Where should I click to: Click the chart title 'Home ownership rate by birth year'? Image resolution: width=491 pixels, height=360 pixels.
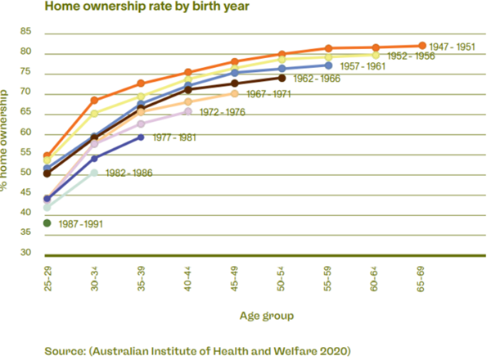pos(124,8)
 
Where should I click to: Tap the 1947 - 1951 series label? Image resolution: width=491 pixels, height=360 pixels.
pos(453,47)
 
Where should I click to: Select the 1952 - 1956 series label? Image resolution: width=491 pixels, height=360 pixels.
pos(411,56)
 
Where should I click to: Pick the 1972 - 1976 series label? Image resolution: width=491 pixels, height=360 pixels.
pos(221,111)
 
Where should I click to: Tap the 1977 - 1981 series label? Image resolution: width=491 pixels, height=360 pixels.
pos(174,137)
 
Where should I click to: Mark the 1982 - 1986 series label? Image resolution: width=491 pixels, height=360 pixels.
pos(127,173)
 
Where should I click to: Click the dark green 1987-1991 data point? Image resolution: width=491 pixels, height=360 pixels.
pos(47,223)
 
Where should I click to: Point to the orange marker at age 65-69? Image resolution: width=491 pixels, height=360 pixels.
pos(422,46)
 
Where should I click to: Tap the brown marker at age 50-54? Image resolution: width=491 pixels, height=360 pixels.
pos(282,79)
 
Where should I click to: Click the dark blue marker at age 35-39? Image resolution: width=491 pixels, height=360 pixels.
pos(141,137)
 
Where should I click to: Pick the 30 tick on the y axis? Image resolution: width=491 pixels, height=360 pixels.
pos(25,252)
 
